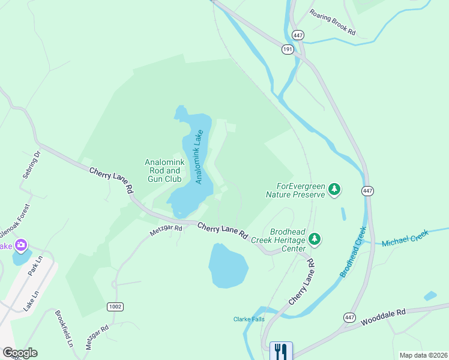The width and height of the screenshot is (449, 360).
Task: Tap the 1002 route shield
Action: [115, 307]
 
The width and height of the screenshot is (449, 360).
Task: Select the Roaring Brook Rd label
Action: [333, 22]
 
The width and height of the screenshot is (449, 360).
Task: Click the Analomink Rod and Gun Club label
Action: [163, 170]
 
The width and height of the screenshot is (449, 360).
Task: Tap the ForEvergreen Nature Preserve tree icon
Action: [334, 190]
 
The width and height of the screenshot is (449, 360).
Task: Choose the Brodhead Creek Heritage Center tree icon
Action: [315, 240]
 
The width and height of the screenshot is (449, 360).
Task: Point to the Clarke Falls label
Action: [249, 319]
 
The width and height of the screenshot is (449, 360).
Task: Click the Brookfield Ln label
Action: [64, 329]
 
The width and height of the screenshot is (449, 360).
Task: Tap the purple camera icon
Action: [22, 245]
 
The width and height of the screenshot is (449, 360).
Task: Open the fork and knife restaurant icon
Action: [280, 350]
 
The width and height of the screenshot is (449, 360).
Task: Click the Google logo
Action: [20, 353]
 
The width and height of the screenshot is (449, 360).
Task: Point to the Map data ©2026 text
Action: [423, 355]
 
